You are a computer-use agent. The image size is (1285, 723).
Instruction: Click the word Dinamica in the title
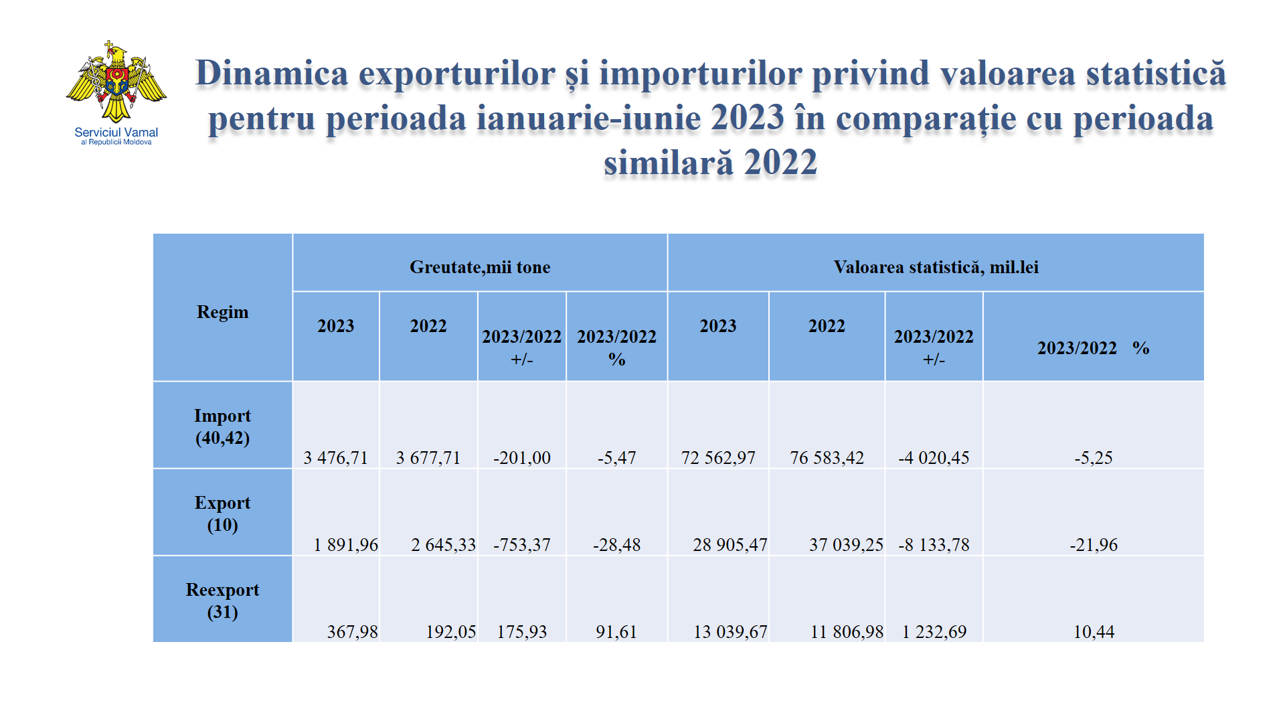[272, 73]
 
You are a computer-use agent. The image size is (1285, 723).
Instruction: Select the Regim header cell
[222, 312]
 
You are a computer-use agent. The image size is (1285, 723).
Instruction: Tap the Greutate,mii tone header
[480, 267]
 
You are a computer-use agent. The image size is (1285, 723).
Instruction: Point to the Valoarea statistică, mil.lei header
[936, 267]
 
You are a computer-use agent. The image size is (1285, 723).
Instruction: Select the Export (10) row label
[222, 513]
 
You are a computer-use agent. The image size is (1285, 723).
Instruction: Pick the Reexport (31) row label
[222, 600]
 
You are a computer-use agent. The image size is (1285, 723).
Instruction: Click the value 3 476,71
[335, 458]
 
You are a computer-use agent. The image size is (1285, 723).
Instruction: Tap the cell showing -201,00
[522, 458]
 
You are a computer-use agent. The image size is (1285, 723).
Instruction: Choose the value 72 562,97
[718, 458]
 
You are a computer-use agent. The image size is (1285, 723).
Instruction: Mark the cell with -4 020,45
[934, 458]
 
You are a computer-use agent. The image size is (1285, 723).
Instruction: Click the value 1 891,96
[345, 545]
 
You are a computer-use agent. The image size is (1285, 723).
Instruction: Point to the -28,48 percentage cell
[616, 545]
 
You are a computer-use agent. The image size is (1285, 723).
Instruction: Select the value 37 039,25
[846, 545]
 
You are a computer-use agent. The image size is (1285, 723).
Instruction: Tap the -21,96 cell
[1094, 545]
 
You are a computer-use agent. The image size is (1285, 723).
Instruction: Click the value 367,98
[352, 632]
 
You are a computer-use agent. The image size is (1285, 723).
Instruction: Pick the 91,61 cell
[616, 632]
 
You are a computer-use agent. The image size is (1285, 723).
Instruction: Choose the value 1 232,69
[934, 632]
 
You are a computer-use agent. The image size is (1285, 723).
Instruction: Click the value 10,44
[1094, 632]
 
